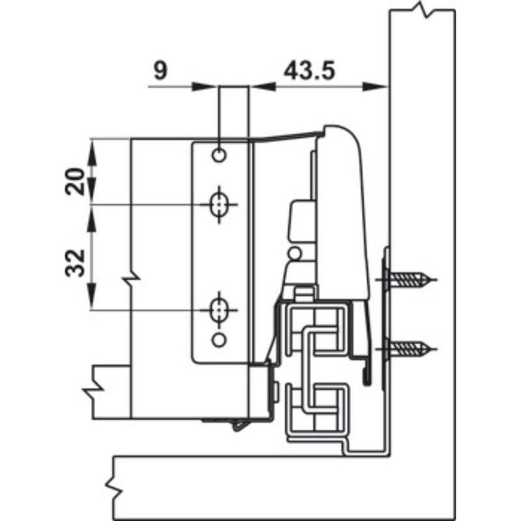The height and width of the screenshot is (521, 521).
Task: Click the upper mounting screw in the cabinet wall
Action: click(410, 281)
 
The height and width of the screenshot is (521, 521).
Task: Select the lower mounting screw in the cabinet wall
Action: click(409, 346)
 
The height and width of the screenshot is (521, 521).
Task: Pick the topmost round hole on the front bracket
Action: click(219, 156)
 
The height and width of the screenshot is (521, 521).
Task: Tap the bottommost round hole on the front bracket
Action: click(219, 339)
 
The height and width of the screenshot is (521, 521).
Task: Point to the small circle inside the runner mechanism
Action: click(296, 253)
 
